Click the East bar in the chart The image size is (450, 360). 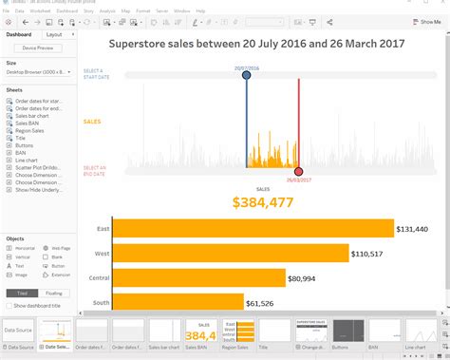click(x=253, y=229)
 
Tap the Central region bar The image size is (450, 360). click(x=198, y=278)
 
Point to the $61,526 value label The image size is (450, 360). click(x=260, y=303)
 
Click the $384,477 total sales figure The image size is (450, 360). click(x=257, y=201)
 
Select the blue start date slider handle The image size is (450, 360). click(x=247, y=75)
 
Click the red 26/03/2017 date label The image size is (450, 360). click(x=299, y=179)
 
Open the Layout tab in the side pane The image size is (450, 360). click(x=54, y=33)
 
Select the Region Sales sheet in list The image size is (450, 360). click(x=29, y=130)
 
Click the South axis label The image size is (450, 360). click(x=100, y=303)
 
